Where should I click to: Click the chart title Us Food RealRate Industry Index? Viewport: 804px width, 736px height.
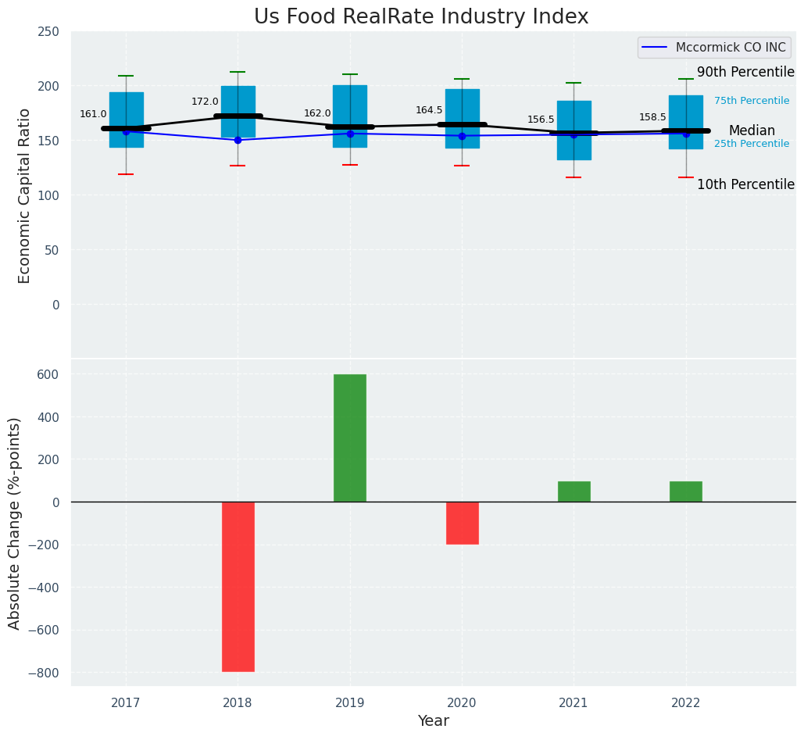click(420, 17)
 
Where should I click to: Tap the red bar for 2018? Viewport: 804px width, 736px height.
click(238, 586)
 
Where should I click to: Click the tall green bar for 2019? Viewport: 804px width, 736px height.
click(349, 438)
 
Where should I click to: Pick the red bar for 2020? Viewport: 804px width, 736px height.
click(462, 523)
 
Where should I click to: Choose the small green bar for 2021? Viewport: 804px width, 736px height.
click(574, 491)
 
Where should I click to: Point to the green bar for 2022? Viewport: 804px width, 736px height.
click(685, 491)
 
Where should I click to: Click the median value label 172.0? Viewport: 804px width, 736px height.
click(205, 102)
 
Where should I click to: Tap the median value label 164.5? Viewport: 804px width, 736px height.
click(429, 110)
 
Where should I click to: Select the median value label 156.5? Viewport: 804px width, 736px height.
click(541, 120)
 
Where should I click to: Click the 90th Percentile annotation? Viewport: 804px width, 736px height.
click(745, 73)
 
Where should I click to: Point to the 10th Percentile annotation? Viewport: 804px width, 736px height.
click(745, 185)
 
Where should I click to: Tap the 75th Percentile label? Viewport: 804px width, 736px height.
click(752, 101)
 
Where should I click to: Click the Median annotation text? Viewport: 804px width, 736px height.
click(752, 131)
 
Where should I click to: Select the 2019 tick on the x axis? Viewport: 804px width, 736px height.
click(349, 703)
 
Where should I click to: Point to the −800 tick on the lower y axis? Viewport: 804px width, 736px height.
click(44, 673)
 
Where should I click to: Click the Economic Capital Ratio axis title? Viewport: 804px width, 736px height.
click(24, 195)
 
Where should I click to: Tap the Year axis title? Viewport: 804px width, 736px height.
click(433, 721)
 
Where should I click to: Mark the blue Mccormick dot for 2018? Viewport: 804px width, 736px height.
click(238, 140)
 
